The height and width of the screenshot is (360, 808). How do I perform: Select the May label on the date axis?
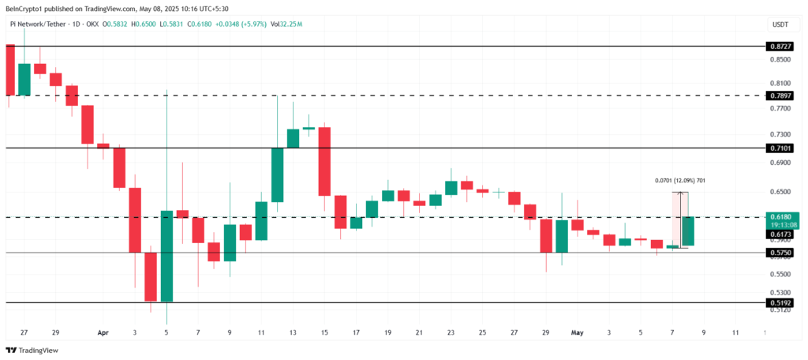point(577,333)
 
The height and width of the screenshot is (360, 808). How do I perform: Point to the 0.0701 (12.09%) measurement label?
point(679,181)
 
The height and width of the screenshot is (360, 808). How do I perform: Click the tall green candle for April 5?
point(166,256)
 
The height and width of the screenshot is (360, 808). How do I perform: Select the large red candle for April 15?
point(324,161)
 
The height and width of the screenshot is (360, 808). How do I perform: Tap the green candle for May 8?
point(687,231)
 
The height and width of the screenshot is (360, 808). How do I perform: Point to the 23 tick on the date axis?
point(451,333)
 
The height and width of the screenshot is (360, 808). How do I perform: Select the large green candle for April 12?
point(278,174)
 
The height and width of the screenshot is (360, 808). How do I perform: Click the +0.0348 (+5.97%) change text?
point(234,25)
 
